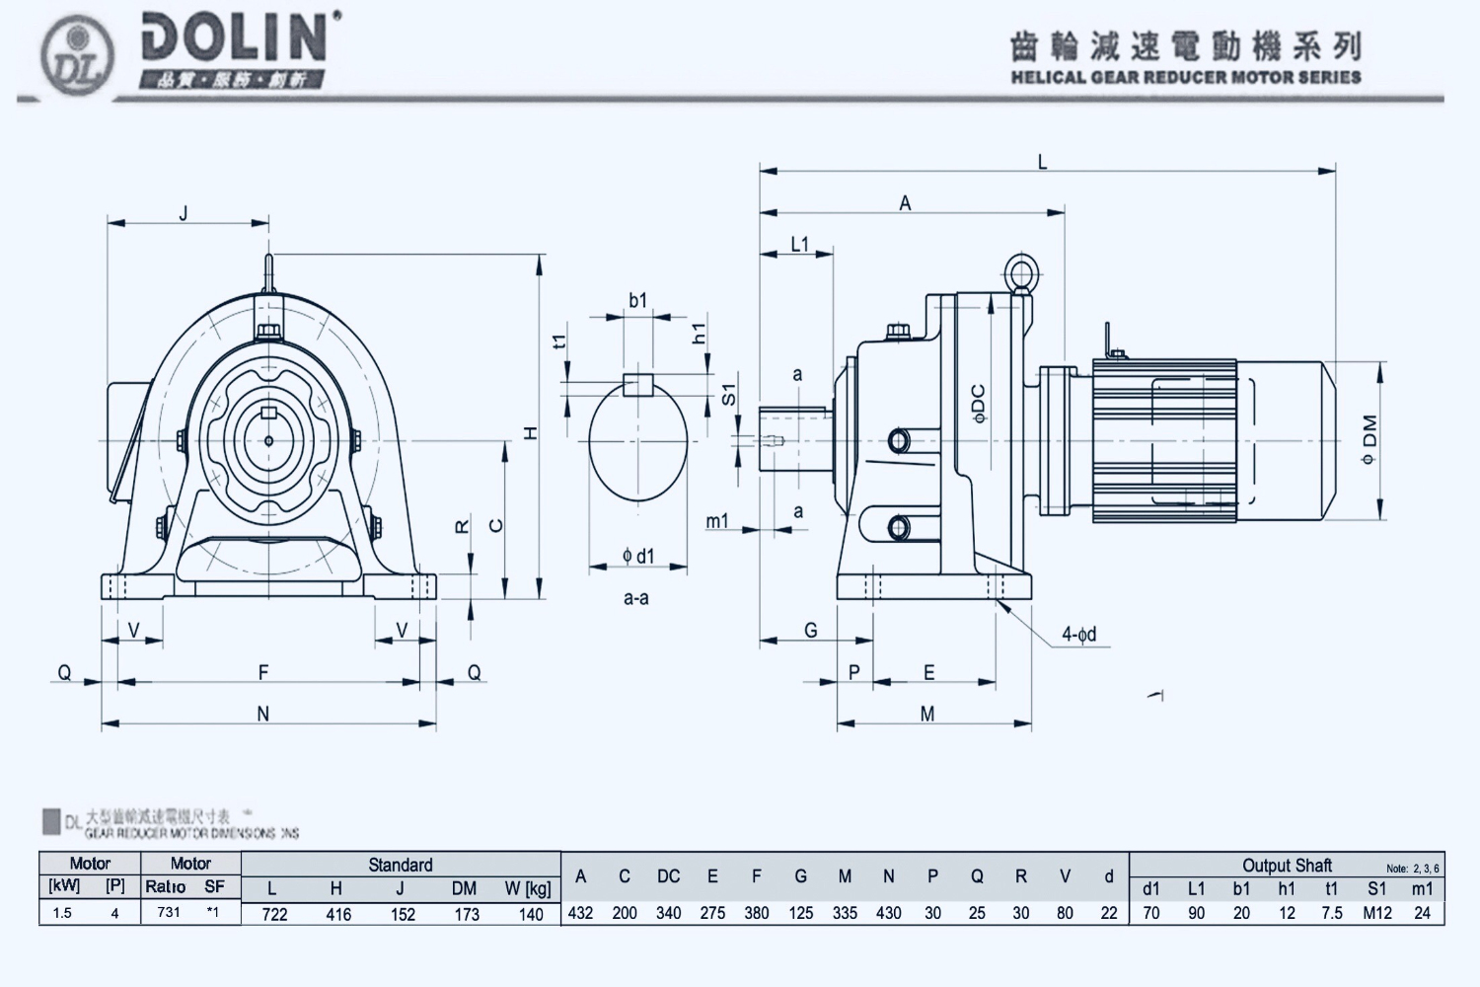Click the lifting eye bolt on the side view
coord(1018,273)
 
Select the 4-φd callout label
coord(1079,635)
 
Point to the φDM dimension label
coord(1369,440)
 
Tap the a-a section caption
coord(636,598)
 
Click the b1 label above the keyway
coord(638,300)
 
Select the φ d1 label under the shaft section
coord(638,557)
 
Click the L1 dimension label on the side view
coord(800,244)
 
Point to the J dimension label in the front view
coord(185,213)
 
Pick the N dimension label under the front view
coord(263,714)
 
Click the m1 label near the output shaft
coord(717,521)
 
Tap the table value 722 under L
coord(274,914)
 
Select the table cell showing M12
coord(1377,913)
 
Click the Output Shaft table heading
coord(1287,866)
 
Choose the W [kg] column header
coord(528,888)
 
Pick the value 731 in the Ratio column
coord(169,912)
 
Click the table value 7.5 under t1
coord(1332,913)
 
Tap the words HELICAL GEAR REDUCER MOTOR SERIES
coord(1186,77)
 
